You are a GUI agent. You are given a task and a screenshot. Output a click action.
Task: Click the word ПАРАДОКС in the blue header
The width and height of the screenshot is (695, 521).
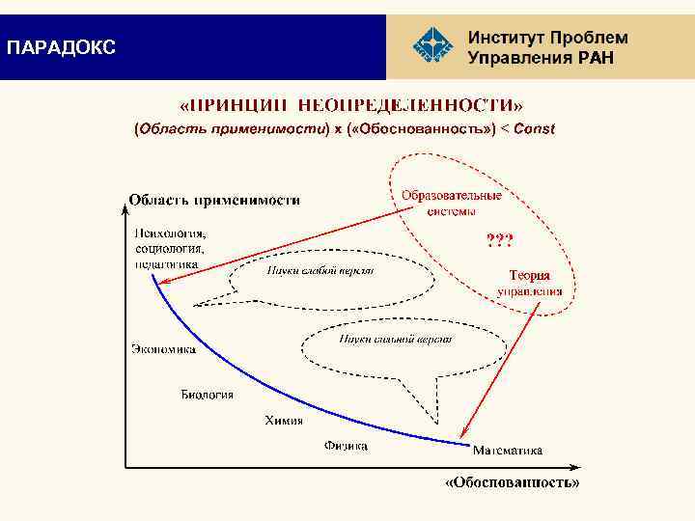[x=61, y=47]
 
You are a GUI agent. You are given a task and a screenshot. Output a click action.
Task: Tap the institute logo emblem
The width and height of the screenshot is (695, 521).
[x=431, y=46]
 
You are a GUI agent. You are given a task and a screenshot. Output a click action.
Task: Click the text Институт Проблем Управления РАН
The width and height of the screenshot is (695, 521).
[x=547, y=47]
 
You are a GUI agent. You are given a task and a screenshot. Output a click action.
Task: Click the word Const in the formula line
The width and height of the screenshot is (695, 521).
[x=534, y=128]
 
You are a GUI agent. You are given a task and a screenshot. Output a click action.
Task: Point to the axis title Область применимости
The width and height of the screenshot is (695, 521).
[x=214, y=201]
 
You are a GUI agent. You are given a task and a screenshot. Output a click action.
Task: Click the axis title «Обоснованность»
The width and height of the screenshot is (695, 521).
[x=512, y=481]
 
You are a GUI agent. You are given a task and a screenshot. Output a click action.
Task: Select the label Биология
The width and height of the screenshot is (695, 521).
[x=208, y=394]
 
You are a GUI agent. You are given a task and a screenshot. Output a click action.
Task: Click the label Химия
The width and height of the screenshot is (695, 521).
[x=284, y=420]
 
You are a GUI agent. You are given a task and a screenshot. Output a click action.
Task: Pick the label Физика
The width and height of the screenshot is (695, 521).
[x=346, y=446]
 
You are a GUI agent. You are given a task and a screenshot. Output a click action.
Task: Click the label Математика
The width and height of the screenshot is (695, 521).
[x=507, y=450]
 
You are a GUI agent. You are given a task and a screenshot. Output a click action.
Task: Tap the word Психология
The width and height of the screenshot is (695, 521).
[x=170, y=233]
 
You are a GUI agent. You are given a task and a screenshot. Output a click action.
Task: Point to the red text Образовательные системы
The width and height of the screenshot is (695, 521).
[x=452, y=203]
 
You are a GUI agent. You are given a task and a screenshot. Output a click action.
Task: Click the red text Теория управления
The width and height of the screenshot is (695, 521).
[x=530, y=283]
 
